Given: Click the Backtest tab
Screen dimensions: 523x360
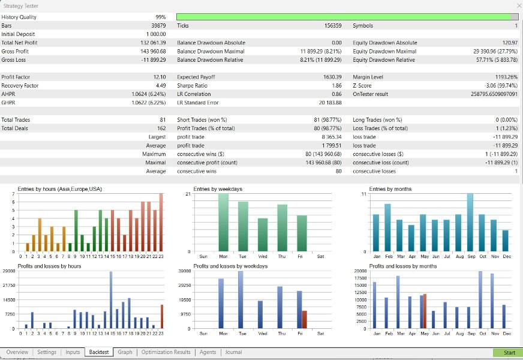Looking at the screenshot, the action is click(x=99, y=352).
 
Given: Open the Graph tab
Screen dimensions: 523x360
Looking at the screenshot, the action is click(x=125, y=352).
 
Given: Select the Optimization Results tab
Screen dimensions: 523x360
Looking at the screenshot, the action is click(x=166, y=352).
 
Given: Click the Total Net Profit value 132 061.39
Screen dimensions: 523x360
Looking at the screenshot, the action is click(x=153, y=43).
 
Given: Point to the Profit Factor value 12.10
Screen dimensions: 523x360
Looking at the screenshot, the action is click(x=160, y=77).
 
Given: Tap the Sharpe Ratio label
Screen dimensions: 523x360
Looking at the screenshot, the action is click(x=192, y=86).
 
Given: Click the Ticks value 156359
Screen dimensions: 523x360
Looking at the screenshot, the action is click(x=333, y=26).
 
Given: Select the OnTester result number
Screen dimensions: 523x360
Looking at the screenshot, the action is click(x=494, y=94).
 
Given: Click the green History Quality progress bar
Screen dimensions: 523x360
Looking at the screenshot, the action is click(x=344, y=17).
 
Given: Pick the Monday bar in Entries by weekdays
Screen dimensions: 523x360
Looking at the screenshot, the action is click(x=224, y=223).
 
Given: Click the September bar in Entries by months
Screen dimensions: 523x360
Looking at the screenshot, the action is click(x=470, y=223).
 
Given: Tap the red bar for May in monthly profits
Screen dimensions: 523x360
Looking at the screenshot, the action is click(x=425, y=311).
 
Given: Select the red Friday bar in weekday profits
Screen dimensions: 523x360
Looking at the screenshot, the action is click(x=304, y=320).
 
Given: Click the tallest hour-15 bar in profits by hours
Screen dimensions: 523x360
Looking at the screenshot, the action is click(x=111, y=300).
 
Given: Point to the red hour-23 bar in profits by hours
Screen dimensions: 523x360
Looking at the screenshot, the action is click(x=162, y=317).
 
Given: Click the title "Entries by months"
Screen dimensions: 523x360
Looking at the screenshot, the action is click(x=390, y=189).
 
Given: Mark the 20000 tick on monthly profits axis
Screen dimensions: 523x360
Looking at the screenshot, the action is click(x=360, y=271).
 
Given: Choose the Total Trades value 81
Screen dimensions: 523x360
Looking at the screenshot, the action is click(x=163, y=120).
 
